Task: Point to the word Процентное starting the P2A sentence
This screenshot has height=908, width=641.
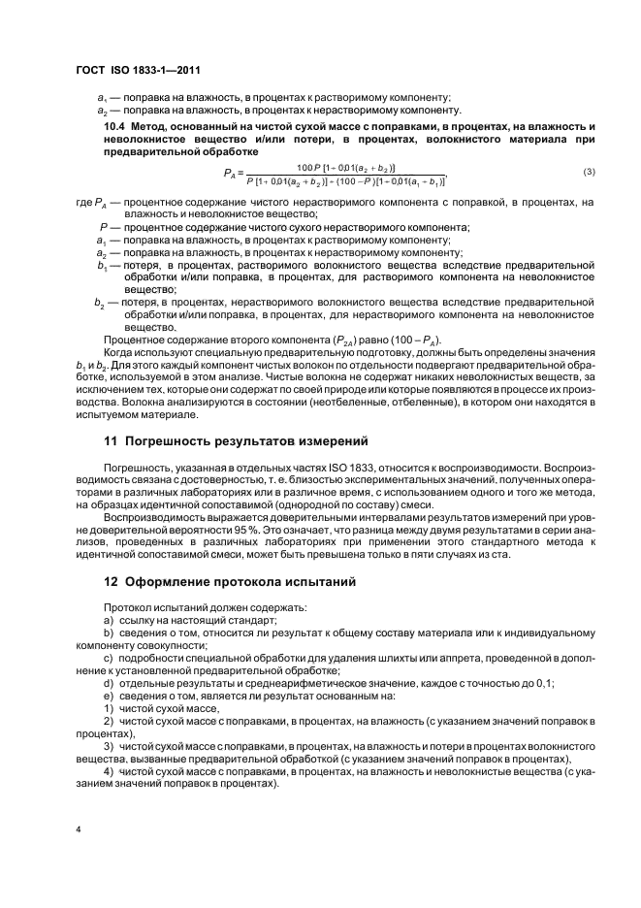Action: point(134,339)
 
